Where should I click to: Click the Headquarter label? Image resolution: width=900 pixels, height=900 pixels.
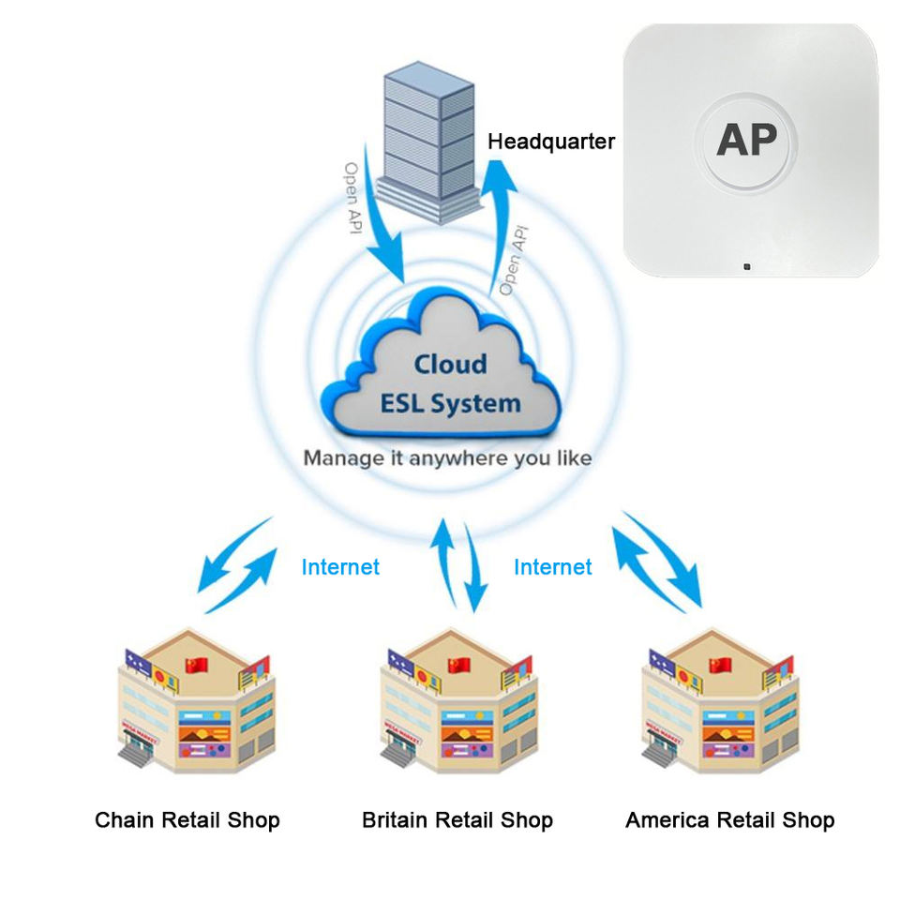click(551, 142)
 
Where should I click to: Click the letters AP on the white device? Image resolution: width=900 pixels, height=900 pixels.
click(747, 141)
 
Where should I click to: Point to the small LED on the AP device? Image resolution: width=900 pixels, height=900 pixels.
click(747, 267)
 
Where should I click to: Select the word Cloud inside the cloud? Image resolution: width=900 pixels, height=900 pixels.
click(451, 364)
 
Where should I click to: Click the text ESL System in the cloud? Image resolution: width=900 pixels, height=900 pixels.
click(450, 404)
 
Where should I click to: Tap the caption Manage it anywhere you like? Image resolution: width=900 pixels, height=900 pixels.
click(447, 458)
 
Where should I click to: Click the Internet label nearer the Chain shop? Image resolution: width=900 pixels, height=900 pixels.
click(340, 567)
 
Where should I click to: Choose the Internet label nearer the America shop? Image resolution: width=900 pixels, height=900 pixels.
click(553, 567)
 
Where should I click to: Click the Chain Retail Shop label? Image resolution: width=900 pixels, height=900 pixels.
click(187, 820)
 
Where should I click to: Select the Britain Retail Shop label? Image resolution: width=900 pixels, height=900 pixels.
click(457, 820)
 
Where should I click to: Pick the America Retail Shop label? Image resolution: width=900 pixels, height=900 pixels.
click(729, 820)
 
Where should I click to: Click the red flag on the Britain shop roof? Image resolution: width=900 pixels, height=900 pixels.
click(458, 665)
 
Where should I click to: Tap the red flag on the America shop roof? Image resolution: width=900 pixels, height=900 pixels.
click(720, 665)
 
